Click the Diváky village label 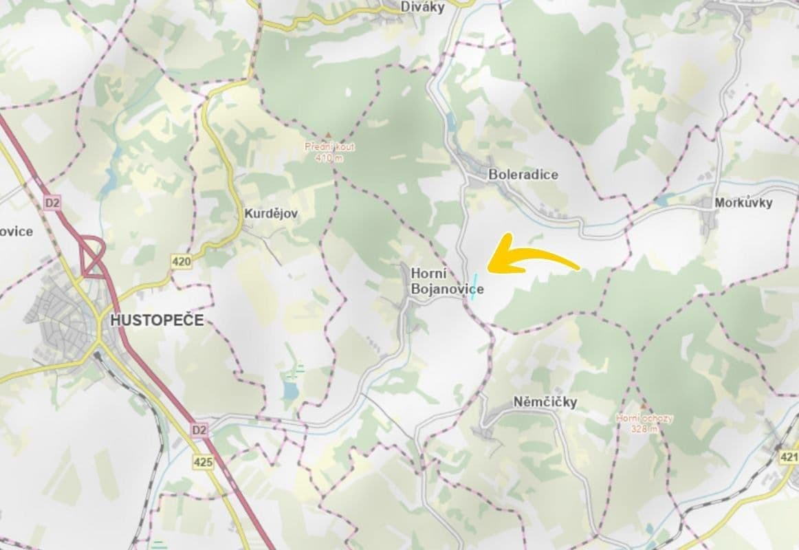click(x=423, y=7)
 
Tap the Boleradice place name click(x=523, y=175)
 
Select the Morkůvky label click(x=743, y=203)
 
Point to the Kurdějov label click(x=271, y=214)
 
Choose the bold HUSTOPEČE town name click(x=157, y=320)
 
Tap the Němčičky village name click(x=545, y=401)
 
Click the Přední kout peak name click(x=328, y=146)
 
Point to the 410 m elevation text click(x=328, y=158)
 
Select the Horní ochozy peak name click(x=644, y=418)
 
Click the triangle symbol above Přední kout click(x=328, y=135)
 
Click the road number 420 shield click(x=182, y=261)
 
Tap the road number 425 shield click(x=204, y=462)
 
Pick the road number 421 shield click(x=789, y=456)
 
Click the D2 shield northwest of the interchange click(x=52, y=203)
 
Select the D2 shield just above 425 click(x=199, y=430)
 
